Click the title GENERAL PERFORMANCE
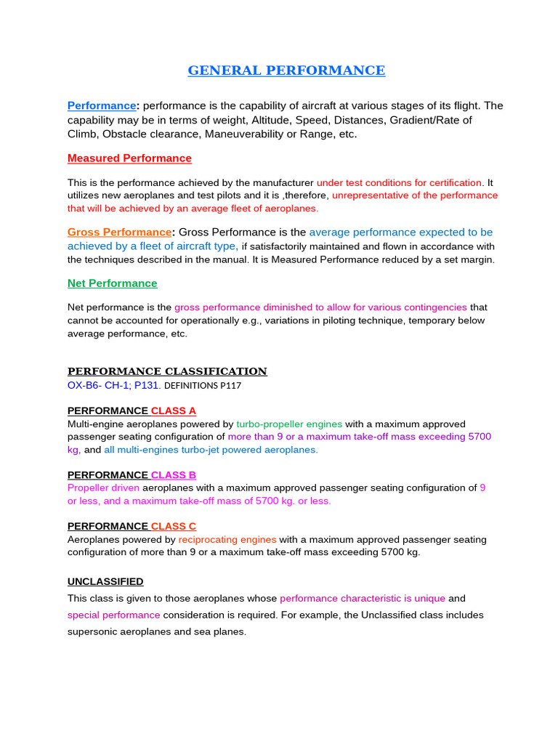[x=286, y=70]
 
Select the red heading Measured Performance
[x=129, y=158]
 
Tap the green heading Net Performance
[x=112, y=283]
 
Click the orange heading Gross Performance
[x=119, y=232]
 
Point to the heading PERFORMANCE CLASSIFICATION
[x=167, y=371]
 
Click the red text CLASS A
[x=174, y=411]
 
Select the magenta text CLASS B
[x=174, y=475]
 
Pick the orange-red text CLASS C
[x=174, y=526]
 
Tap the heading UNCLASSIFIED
[x=105, y=581]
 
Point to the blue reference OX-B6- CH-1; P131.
[x=113, y=385]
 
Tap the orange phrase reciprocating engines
[x=227, y=540]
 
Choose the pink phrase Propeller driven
[x=103, y=488]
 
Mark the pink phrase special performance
[x=113, y=615]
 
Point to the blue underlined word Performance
[x=102, y=106]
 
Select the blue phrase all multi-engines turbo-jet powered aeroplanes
[x=211, y=450]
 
